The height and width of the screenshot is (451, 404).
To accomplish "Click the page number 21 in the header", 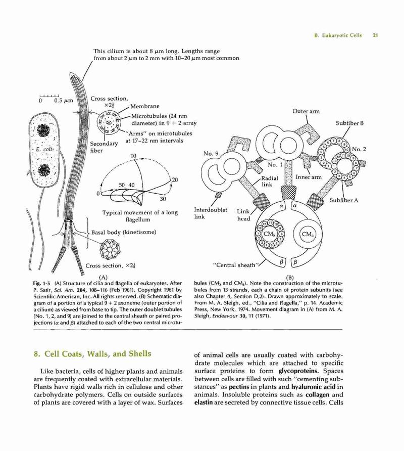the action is pos(375,35).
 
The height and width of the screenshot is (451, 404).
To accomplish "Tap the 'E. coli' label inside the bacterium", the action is pos(42,150).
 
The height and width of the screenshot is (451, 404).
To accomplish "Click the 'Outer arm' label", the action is pos(306,111).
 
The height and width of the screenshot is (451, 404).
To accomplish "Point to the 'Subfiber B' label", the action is pos(350,123).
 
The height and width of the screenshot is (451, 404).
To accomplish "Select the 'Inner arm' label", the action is pos(309,177).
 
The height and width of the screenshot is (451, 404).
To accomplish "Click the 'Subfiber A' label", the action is pos(344,200).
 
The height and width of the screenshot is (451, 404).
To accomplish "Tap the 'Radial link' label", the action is pos(270,181).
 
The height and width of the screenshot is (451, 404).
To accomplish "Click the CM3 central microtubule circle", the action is pos(307,234).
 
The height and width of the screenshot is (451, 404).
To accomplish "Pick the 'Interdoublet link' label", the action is pos(211,213).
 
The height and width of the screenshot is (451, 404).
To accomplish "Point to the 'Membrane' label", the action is pos(145,106).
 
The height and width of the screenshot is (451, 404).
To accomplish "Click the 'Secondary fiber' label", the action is pos(104,147).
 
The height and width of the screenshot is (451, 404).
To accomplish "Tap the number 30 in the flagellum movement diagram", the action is pos(163,199).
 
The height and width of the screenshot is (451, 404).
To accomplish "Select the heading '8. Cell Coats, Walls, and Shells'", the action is pos(92,353).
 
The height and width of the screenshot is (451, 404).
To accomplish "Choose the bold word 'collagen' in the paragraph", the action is pos(312,394).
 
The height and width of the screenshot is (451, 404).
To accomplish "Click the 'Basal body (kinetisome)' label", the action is pos(124,232).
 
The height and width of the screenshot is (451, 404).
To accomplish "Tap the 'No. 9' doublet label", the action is pos(211,153).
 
